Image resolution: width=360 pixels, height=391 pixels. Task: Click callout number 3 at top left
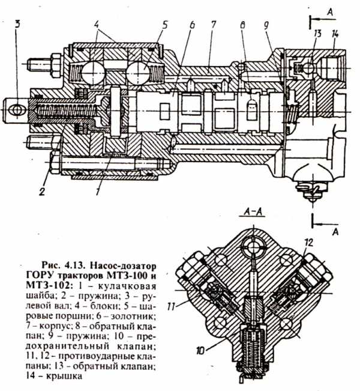point(17,25)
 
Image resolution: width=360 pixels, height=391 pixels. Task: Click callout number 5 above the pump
point(164,25)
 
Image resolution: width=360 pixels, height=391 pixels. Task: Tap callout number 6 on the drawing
point(191,25)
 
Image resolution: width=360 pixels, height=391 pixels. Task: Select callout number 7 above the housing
point(213,25)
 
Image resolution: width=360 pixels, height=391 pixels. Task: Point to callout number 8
point(242,25)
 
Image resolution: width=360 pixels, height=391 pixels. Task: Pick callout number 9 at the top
point(266,26)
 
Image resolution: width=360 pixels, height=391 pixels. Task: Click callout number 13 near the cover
point(317,34)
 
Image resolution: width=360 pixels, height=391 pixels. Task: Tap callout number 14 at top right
point(335,34)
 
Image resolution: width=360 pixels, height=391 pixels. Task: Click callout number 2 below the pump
point(42,192)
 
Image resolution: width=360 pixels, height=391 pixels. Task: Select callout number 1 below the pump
point(98,191)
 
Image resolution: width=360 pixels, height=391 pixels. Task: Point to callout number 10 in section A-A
point(200,351)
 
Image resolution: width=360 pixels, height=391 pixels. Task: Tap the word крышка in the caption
point(64,376)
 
